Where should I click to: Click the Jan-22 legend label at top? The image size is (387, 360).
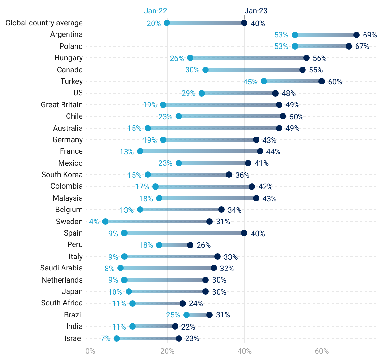point(155,11)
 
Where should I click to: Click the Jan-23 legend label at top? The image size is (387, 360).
point(256,11)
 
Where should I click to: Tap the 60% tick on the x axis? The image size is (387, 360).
point(322,351)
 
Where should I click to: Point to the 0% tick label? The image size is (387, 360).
point(90,351)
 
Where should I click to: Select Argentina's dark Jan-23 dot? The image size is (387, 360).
point(357,35)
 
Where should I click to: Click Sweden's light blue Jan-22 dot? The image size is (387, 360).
point(105,222)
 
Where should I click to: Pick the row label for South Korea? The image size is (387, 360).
point(62,175)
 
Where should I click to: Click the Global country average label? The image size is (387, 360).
point(44,23)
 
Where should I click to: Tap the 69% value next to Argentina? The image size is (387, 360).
point(370,35)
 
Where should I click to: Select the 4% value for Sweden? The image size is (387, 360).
point(94,222)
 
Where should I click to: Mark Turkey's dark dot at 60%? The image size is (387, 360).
point(322,81)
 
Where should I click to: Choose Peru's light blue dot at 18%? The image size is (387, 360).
point(159,245)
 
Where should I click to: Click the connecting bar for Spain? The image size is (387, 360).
point(184,233)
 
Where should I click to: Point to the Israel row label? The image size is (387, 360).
point(74,338)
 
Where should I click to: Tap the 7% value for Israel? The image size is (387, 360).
point(106,338)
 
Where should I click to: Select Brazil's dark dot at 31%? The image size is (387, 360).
point(209,315)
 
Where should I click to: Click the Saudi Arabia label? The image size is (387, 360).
point(62,268)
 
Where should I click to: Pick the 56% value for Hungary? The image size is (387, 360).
point(319,58)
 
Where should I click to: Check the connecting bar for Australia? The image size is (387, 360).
point(213,128)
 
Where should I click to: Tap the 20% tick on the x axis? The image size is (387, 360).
point(167,351)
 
